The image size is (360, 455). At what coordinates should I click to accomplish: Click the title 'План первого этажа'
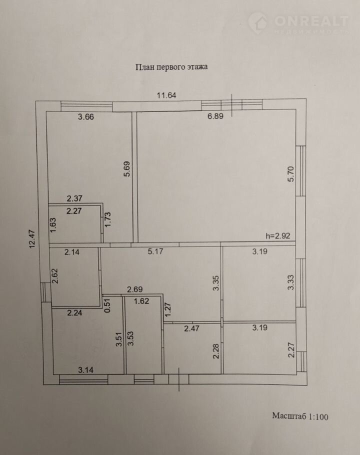[x=171, y=67]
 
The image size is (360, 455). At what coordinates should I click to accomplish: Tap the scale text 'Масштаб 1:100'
[x=300, y=416]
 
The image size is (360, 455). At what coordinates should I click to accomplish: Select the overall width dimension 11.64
[x=166, y=95]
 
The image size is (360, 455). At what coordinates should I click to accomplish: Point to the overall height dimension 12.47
[x=32, y=239]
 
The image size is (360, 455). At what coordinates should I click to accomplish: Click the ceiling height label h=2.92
[x=278, y=235]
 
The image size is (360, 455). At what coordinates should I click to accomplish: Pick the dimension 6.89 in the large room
[x=215, y=116]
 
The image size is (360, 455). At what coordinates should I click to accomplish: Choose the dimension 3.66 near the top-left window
[x=86, y=116]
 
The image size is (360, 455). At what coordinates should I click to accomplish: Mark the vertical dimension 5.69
[x=127, y=169]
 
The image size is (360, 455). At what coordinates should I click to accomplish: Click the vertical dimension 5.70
[x=290, y=174]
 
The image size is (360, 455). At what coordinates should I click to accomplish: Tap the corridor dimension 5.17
[x=155, y=251]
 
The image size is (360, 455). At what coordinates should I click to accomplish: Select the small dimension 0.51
[x=107, y=306]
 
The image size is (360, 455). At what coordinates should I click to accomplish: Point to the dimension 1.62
[x=141, y=301]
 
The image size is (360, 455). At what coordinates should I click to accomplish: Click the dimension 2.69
[x=135, y=289]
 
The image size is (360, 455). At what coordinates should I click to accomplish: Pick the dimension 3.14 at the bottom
[x=86, y=370]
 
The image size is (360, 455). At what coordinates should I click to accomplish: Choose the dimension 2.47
[x=191, y=328]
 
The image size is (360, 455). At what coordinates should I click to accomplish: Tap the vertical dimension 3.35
[x=216, y=283]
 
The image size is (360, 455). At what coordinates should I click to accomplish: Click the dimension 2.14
[x=72, y=252]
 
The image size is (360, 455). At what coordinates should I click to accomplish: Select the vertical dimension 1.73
[x=107, y=219]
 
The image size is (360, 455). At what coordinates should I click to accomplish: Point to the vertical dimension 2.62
[x=55, y=276]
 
